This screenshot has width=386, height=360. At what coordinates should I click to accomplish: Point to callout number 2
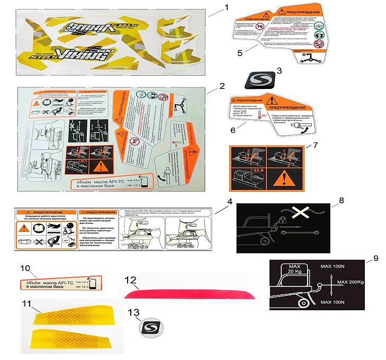(x=222, y=85)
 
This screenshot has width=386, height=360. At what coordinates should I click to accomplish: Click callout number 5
(x=239, y=53)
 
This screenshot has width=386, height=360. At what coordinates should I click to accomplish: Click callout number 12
(x=129, y=279)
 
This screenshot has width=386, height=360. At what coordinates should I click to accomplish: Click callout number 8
(x=341, y=201)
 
